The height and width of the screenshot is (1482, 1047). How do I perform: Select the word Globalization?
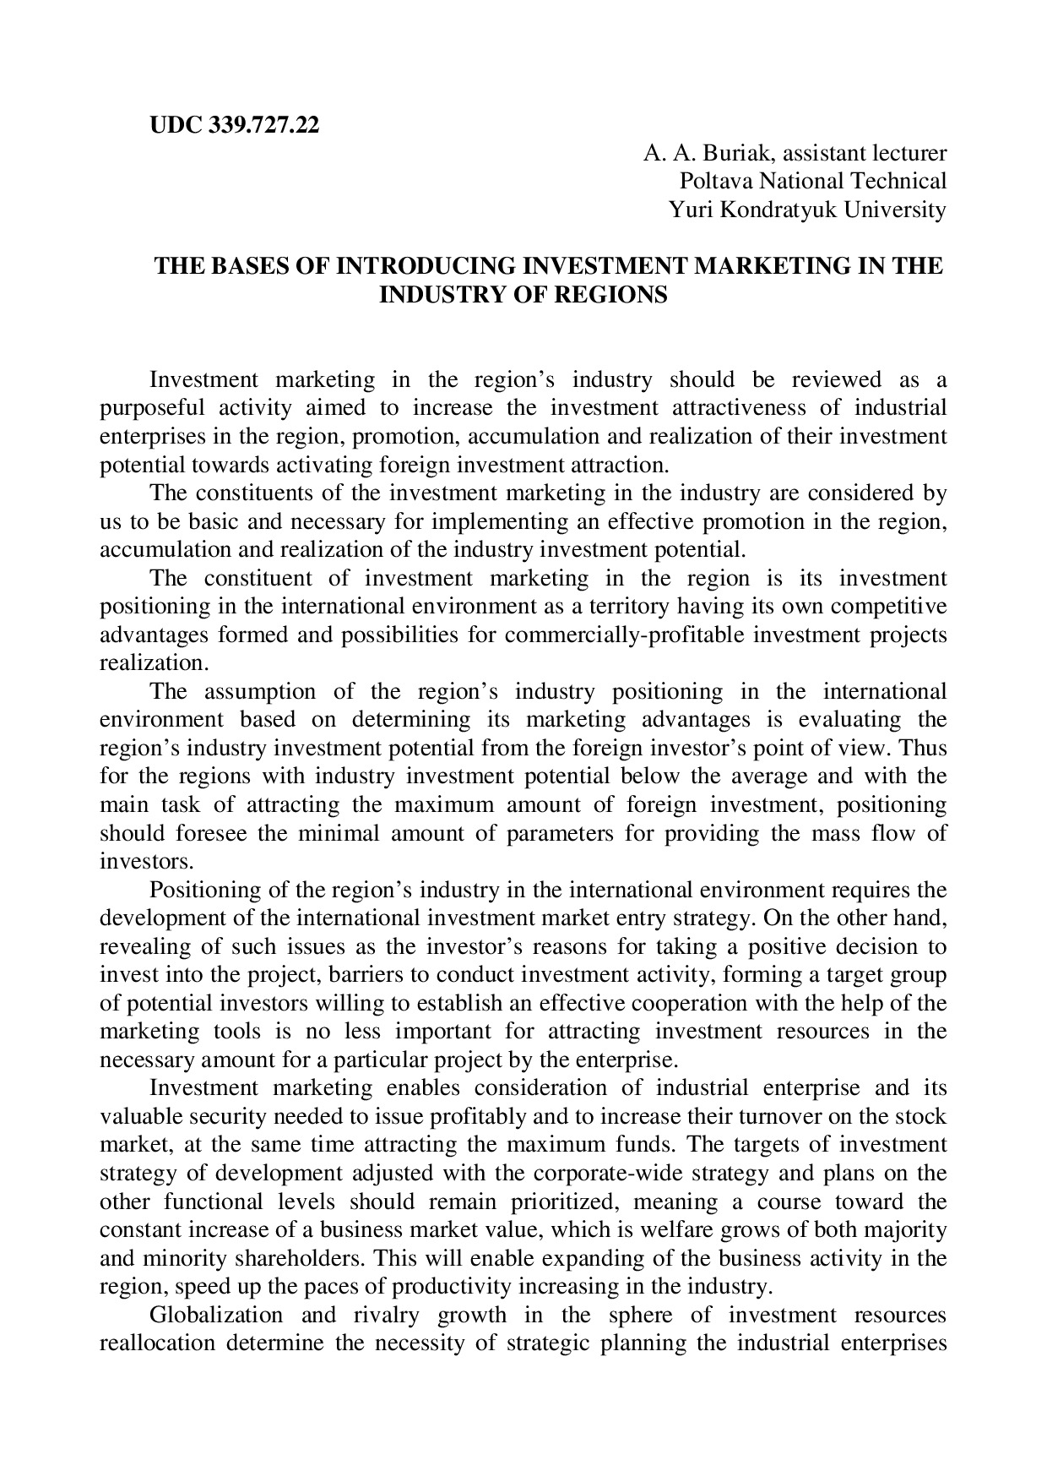click(x=215, y=1316)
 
